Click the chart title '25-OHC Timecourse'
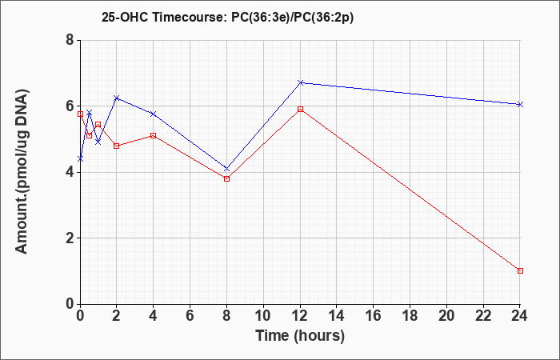pyautogui.click(x=163, y=18)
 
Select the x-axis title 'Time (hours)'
pyautogui.click(x=300, y=336)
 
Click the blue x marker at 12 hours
pyautogui.click(x=300, y=82)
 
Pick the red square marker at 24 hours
pyautogui.click(x=520, y=270)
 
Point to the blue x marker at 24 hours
pyautogui.click(x=520, y=104)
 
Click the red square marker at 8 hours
pyautogui.click(x=226, y=178)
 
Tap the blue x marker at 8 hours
pyautogui.click(x=226, y=168)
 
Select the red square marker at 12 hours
pyautogui.click(x=300, y=109)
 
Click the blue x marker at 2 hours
pyautogui.click(x=117, y=98)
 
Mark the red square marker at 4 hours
pyautogui.click(x=154, y=136)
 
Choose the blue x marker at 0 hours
pyautogui.click(x=80, y=158)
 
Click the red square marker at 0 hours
pyautogui.click(x=80, y=114)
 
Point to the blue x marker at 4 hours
pyautogui.click(x=154, y=114)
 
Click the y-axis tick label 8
pyautogui.click(x=70, y=40)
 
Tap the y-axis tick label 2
pyautogui.click(x=70, y=238)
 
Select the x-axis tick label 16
pyautogui.click(x=373, y=316)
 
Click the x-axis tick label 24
pyautogui.click(x=519, y=316)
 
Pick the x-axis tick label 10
pyautogui.click(x=263, y=316)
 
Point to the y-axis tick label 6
pyautogui.click(x=70, y=106)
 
